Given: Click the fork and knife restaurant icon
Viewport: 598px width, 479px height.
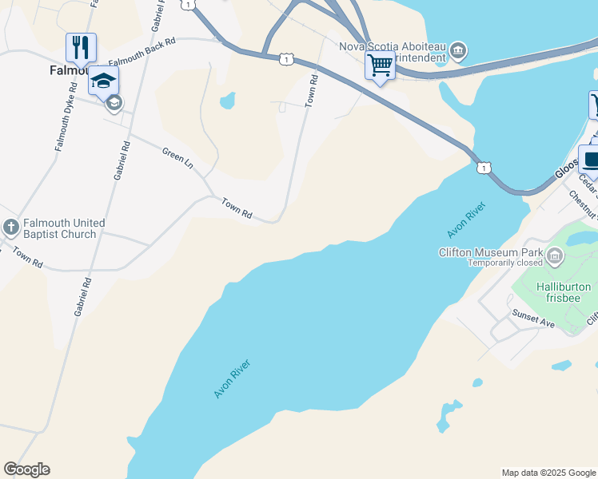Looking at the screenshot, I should pos(81,47).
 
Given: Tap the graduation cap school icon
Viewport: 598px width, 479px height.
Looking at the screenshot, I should pos(104,80).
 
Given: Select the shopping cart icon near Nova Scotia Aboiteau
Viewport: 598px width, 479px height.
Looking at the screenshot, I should pos(380,64).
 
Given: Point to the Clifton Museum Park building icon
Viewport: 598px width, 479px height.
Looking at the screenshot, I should pos(554,255).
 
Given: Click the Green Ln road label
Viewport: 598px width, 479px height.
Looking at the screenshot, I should pos(177,156).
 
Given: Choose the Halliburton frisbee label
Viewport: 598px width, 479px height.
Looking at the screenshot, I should pos(564,292).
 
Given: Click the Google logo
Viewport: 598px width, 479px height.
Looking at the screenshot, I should pos(26,469).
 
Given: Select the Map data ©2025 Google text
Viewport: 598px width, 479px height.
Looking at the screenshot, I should pos(548,473).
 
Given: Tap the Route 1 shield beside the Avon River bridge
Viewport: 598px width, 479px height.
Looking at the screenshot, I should pos(483,168).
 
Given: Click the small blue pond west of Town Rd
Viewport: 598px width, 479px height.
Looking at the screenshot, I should pos(227,101).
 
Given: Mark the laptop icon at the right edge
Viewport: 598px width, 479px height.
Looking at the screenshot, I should pos(591,159).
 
